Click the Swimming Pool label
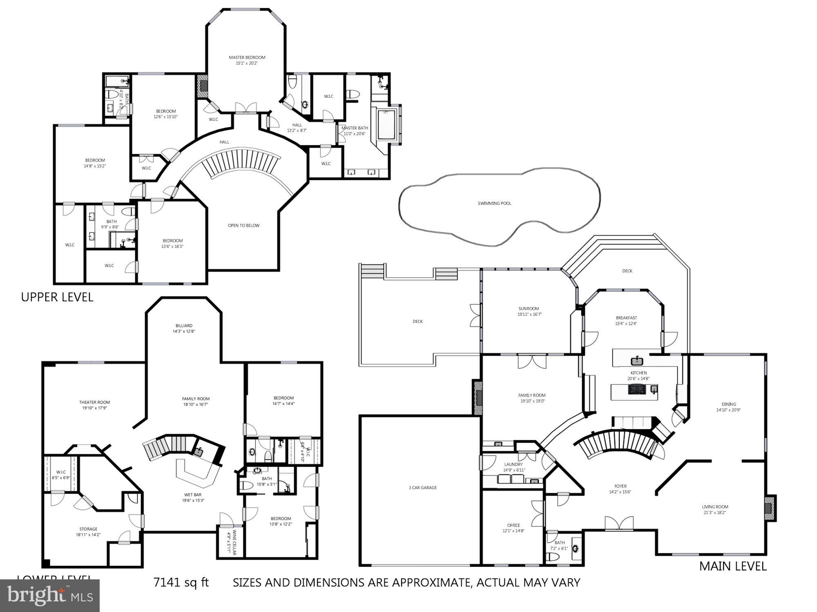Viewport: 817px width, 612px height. [494, 203]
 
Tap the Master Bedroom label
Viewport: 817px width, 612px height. [247, 58]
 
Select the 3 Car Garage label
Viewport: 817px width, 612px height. [422, 488]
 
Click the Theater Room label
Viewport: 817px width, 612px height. [94, 402]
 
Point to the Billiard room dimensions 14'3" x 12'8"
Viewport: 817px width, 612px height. [184, 331]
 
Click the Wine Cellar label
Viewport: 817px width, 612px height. [234, 542]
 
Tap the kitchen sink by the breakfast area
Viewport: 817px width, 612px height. [636, 361]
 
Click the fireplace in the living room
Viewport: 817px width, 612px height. [769, 508]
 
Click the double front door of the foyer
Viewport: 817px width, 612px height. [619, 524]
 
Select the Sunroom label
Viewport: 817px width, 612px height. [529, 308]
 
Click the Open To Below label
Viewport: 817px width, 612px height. [243, 225]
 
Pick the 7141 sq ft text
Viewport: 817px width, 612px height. [181, 582]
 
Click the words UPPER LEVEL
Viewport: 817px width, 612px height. [57, 297]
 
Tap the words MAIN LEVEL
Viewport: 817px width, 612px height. [733, 566]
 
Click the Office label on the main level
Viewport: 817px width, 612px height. [513, 525]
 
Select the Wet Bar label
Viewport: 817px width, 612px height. [192, 494]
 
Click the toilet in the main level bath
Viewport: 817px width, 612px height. [553, 557]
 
